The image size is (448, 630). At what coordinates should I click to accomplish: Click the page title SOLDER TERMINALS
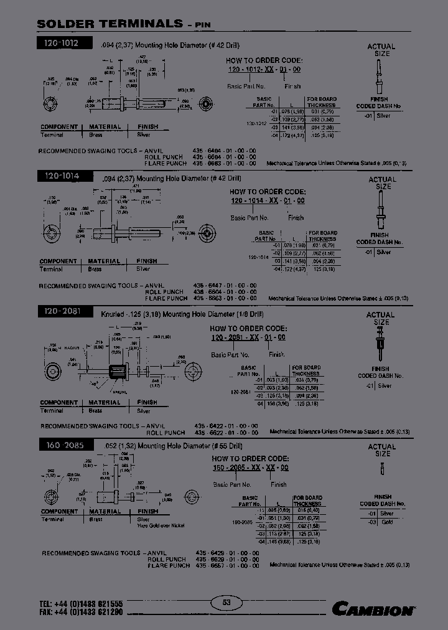110,24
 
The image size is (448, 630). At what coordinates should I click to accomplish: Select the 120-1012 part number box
62,44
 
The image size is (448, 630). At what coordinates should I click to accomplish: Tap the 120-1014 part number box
62,177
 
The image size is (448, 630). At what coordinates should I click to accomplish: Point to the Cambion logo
373,609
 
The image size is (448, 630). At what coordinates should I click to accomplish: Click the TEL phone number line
81,604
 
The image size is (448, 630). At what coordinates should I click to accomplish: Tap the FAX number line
81,613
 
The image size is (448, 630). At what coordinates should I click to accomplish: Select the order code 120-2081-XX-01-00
248,337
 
